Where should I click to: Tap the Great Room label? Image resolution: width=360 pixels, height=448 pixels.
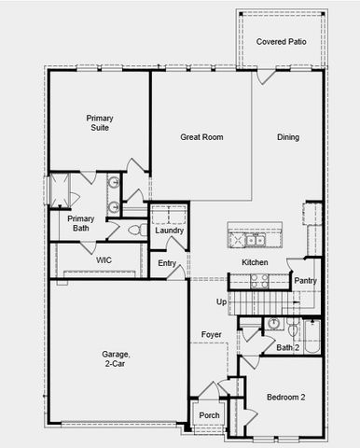[201, 137]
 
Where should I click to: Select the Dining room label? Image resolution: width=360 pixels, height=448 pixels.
[288, 137]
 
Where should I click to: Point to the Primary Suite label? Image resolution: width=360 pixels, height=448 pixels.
[100, 123]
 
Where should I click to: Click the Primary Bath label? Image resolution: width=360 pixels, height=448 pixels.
[78, 223]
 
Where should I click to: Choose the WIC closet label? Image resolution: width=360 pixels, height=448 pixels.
[104, 260]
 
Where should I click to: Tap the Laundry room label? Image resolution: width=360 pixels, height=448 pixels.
[170, 231]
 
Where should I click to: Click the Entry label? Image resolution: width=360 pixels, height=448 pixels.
[167, 263]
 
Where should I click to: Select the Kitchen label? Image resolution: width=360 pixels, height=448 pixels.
[255, 262]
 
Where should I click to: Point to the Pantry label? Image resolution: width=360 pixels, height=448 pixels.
[305, 280]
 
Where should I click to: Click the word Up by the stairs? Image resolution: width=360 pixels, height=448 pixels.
[220, 301]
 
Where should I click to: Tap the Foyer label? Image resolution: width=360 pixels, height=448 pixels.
[212, 333]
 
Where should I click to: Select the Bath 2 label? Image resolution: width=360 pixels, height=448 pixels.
[288, 347]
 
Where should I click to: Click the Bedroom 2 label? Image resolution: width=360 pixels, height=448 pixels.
[285, 397]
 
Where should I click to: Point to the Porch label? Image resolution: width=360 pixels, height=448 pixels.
[209, 414]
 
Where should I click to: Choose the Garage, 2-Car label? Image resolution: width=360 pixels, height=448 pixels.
[117, 359]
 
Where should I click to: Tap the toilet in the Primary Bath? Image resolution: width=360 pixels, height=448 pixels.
[132, 229]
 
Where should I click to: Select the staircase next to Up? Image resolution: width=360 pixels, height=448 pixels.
[256, 302]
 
